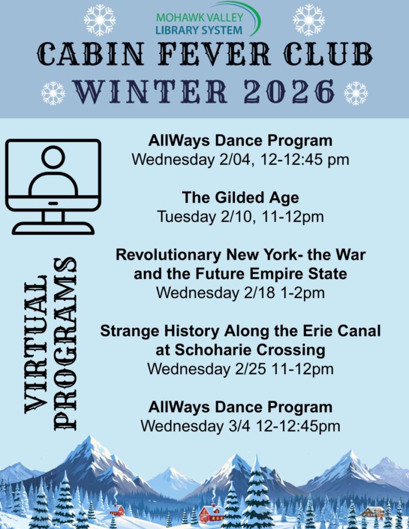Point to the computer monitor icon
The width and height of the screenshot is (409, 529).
pyautogui.click(x=53, y=186)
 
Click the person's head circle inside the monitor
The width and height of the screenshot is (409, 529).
pyautogui.click(x=53, y=156)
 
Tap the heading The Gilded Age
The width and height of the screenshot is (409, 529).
pyautogui.click(x=240, y=198)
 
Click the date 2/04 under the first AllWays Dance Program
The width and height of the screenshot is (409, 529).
pyautogui.click(x=236, y=160)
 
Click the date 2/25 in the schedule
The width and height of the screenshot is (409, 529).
pyautogui.click(x=250, y=369)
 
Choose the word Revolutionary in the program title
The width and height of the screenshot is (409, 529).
pyautogui.click(x=168, y=255)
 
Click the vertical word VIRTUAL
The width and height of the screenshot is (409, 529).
pyautogui.click(x=36, y=344)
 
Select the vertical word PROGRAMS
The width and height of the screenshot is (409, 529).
pyautogui.click(x=65, y=344)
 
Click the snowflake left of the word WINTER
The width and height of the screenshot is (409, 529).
pyautogui.click(x=53, y=93)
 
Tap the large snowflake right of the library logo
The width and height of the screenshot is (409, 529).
pyautogui.click(x=309, y=20)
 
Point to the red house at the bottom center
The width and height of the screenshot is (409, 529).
pyautogui.click(x=211, y=514)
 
